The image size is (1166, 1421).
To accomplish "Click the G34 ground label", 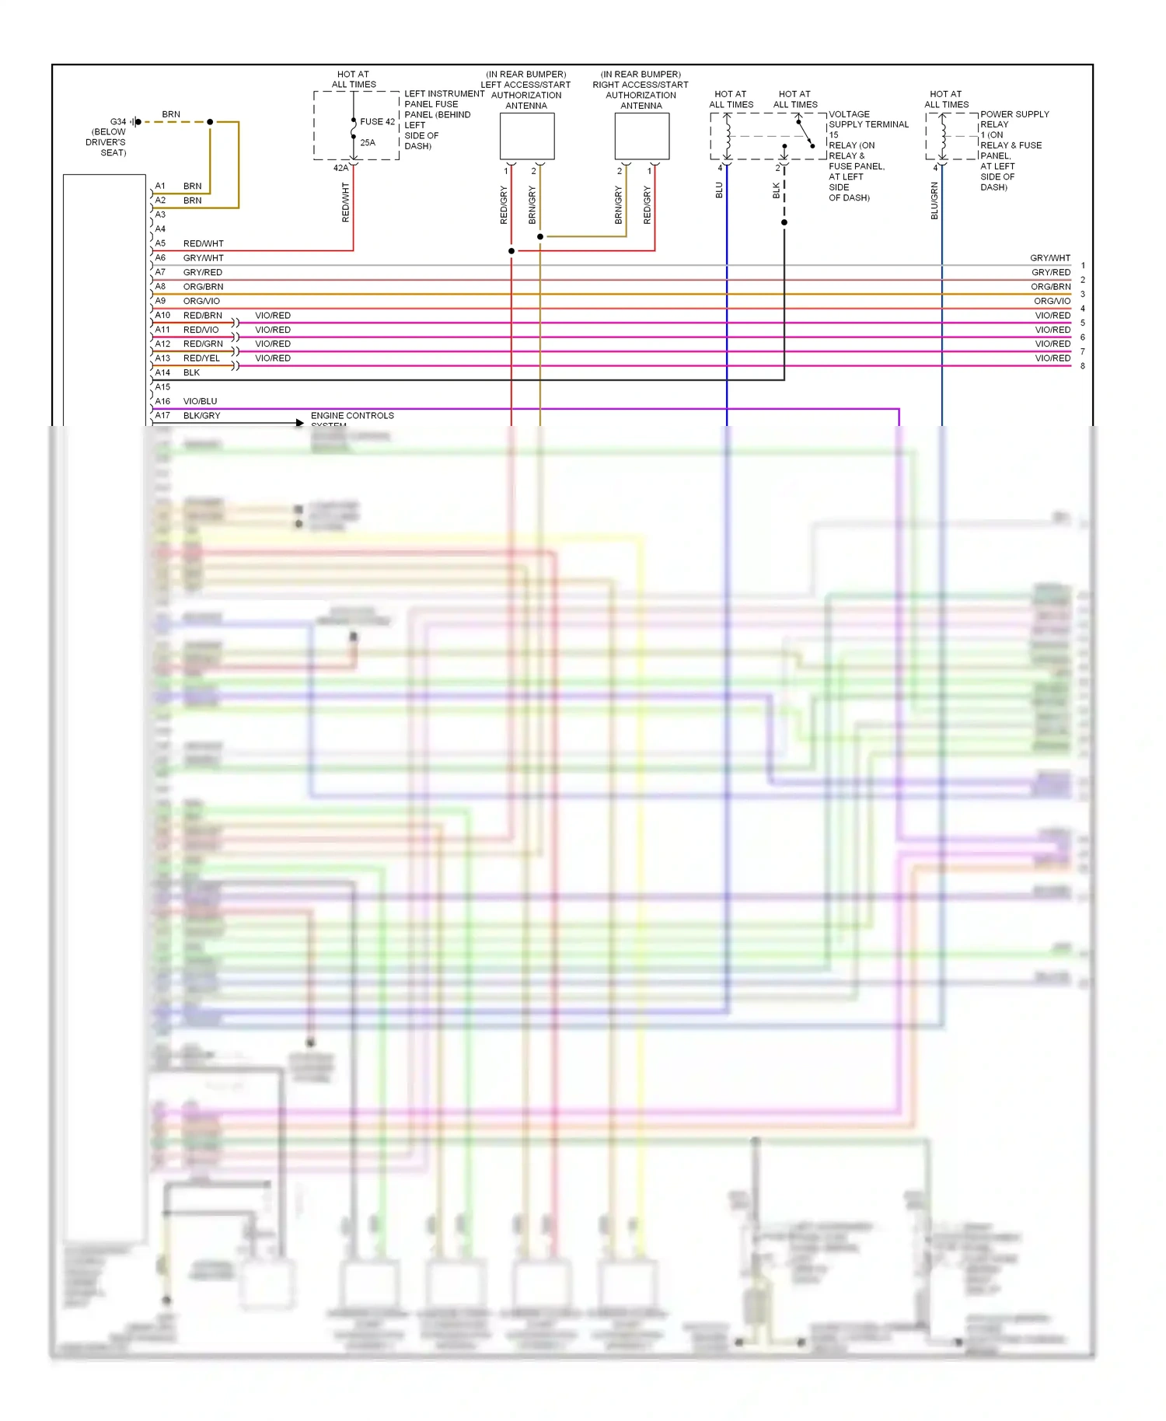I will (117, 122).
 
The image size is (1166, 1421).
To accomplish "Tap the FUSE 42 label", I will (377, 122).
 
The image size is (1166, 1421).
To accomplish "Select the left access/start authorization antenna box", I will (527, 136).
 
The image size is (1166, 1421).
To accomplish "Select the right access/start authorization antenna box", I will (641, 136).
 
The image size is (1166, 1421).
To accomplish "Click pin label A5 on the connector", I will (160, 243).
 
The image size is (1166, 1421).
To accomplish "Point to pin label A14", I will (162, 372).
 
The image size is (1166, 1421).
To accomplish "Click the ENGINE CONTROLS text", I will (352, 416).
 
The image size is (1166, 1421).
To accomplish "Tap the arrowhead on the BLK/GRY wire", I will (299, 424).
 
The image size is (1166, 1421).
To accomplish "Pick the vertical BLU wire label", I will (719, 190).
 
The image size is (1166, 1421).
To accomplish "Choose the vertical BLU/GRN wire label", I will (934, 201).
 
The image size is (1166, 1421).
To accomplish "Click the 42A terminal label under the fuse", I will (340, 168).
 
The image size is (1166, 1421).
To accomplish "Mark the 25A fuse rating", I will (368, 143).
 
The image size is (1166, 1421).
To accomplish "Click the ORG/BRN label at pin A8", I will (203, 287).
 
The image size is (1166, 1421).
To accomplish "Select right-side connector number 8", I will (1083, 366).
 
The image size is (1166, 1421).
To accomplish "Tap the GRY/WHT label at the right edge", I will (1050, 258).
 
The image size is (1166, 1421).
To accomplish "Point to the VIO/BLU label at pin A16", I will (200, 401).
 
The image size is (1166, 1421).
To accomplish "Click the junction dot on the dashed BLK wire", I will (784, 222).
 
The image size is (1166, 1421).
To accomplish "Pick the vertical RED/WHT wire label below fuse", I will (346, 202).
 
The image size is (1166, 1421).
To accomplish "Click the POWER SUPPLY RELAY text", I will (1014, 119).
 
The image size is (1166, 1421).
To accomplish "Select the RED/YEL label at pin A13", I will (201, 358).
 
